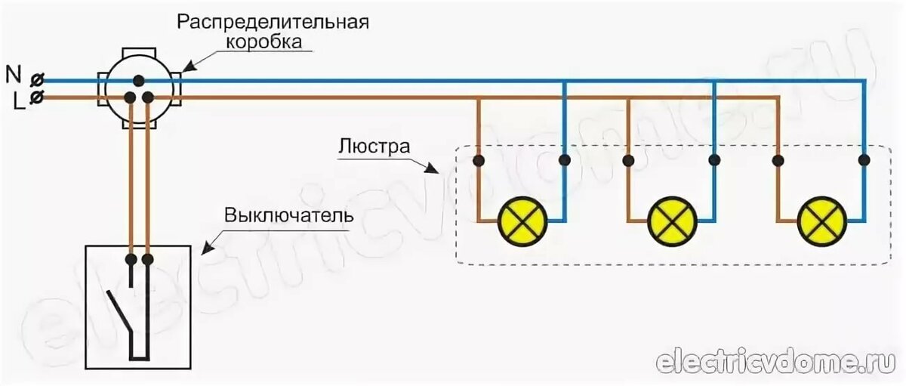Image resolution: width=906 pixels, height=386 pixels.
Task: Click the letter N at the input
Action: [13, 73]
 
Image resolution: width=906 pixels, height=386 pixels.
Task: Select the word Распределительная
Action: [273, 20]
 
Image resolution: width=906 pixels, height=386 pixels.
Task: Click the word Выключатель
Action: [289, 214]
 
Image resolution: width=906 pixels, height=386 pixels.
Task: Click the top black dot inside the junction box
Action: [139, 79]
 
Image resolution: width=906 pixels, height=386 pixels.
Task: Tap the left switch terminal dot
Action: [131, 260]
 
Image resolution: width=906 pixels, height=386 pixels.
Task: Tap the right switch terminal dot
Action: [148, 260]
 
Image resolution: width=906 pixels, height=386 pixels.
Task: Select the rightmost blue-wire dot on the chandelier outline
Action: [864, 160]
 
